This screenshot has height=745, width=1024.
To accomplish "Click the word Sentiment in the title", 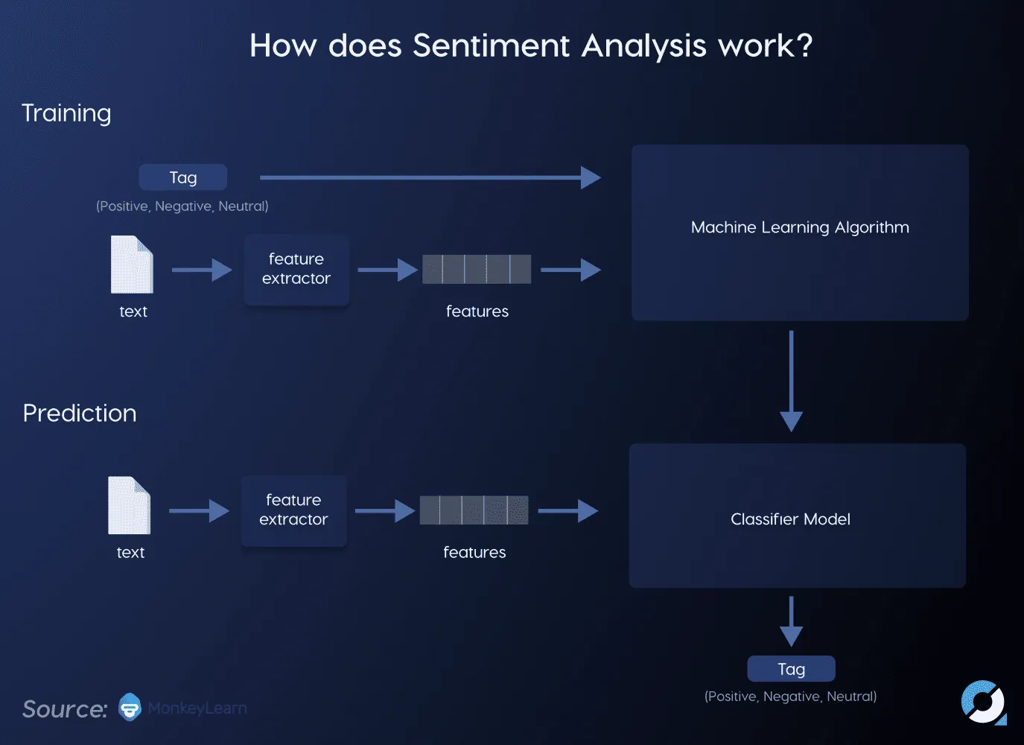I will (x=491, y=46).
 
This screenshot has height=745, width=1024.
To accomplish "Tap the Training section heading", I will (x=66, y=113).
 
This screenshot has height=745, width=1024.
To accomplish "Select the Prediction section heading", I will (x=80, y=413).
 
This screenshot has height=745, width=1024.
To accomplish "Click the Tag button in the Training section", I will (x=183, y=177).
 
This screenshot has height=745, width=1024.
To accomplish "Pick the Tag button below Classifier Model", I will (x=791, y=669).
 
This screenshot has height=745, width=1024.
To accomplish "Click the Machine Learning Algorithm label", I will (x=800, y=227).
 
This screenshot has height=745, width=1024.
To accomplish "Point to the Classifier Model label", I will (x=790, y=519).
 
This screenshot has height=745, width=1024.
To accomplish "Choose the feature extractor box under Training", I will (x=296, y=270).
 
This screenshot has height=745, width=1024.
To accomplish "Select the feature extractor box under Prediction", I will (x=293, y=510).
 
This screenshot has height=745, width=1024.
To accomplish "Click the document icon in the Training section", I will (x=132, y=264).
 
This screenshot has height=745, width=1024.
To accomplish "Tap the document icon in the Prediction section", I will (x=129, y=505).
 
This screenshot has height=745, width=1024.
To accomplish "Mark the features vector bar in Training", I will (x=477, y=269).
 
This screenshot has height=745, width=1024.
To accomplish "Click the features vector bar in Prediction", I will (x=474, y=510).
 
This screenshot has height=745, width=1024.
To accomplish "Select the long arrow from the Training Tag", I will (x=430, y=177).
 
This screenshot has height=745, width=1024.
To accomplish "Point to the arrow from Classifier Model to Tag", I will (x=791, y=621).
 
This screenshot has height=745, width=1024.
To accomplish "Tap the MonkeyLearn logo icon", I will (x=130, y=707).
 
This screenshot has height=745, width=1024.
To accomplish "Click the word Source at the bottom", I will (x=65, y=709).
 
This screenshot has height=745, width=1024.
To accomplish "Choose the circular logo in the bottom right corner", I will (x=983, y=702).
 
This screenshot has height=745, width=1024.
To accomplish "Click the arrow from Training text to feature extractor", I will (x=201, y=270).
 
